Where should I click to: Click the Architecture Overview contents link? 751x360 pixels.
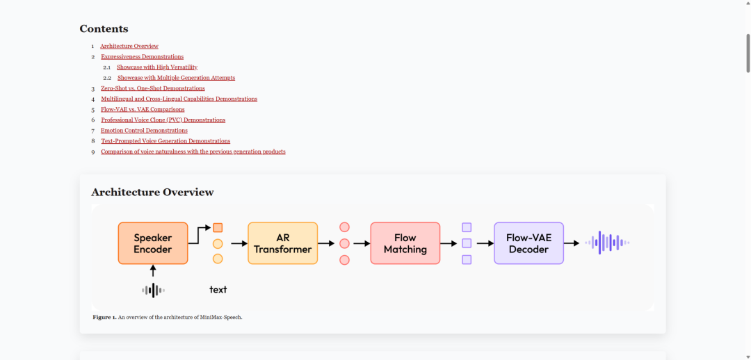point(129,46)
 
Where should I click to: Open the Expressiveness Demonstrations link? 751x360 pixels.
point(143,56)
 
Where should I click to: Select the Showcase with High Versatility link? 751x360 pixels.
point(157,67)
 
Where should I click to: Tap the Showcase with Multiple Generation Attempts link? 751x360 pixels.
point(176,78)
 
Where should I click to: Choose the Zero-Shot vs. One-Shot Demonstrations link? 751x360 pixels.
point(153,88)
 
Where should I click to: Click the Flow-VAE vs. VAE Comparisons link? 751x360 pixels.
point(143,109)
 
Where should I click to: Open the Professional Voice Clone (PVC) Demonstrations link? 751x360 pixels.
point(163,120)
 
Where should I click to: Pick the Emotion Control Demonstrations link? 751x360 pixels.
point(144,130)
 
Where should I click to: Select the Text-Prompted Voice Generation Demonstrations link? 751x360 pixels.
point(165,141)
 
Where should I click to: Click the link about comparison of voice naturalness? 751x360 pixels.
point(193,152)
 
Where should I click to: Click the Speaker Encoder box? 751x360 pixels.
point(153,243)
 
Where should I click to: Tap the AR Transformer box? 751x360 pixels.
point(282,243)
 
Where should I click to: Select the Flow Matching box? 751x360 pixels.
point(405,243)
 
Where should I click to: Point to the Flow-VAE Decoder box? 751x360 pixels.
point(528,243)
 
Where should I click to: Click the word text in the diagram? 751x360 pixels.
point(218,290)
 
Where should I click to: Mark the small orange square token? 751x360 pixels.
point(218,228)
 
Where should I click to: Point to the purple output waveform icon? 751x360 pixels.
point(607,243)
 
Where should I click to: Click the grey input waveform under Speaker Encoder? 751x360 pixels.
point(153,290)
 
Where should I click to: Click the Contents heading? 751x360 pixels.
point(104,28)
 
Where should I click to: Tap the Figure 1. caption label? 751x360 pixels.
point(104,317)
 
